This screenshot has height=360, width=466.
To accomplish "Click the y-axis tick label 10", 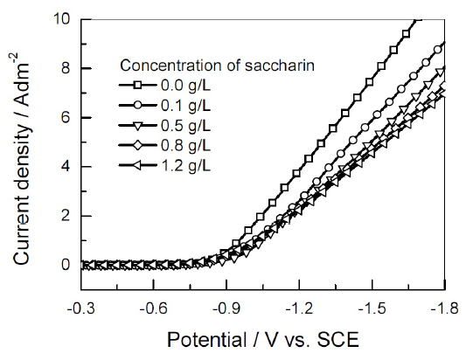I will pyautogui.click(x=62, y=18).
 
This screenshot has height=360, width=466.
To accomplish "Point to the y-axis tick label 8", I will pyautogui.click(x=66, y=68).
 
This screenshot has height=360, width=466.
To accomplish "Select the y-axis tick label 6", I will pyautogui.click(x=66, y=117).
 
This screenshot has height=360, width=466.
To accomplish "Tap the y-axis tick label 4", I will pyautogui.click(x=66, y=167).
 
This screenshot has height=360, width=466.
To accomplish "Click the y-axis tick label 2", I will pyautogui.click(x=66, y=216).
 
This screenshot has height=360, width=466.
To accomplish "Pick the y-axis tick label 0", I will pyautogui.click(x=66, y=265).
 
